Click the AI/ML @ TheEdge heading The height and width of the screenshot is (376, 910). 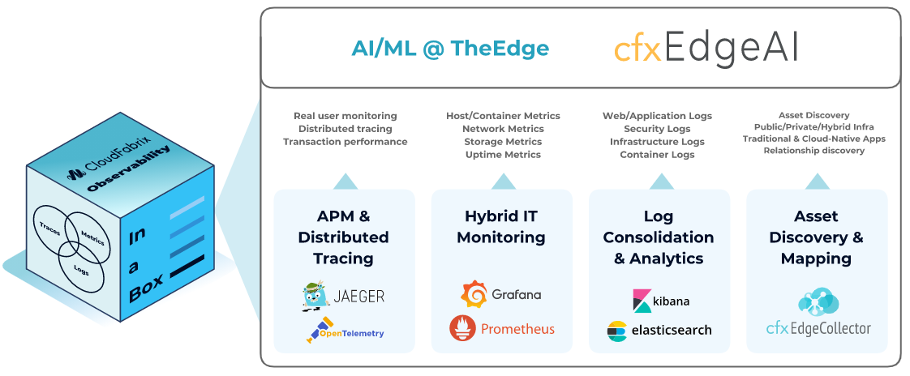point(450,49)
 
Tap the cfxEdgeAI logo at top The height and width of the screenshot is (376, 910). point(706,49)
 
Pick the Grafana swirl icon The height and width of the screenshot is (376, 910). point(474,294)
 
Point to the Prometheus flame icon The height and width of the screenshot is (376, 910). point(462,328)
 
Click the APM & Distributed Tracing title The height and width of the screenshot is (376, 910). point(344,237)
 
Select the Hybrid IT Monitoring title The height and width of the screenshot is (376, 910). point(501,227)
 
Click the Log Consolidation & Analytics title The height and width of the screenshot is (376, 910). point(659,237)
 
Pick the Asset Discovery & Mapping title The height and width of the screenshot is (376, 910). point(816,237)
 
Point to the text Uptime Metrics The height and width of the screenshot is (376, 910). point(503,155)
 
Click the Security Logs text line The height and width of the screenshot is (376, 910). point(657,129)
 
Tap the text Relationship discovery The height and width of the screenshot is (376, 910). point(813,151)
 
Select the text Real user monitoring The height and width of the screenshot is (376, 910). point(345,116)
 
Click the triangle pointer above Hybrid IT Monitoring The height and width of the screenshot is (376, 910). point(503,181)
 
